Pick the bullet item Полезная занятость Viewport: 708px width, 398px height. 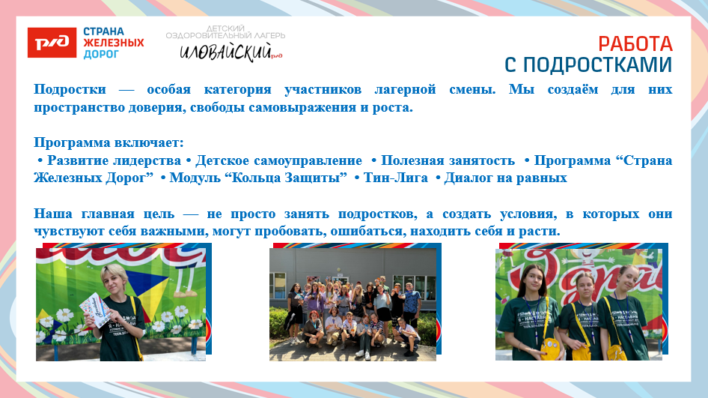[x=448, y=160]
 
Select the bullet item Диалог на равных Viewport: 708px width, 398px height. [x=505, y=178]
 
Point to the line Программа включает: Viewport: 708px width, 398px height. [x=109, y=142]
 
